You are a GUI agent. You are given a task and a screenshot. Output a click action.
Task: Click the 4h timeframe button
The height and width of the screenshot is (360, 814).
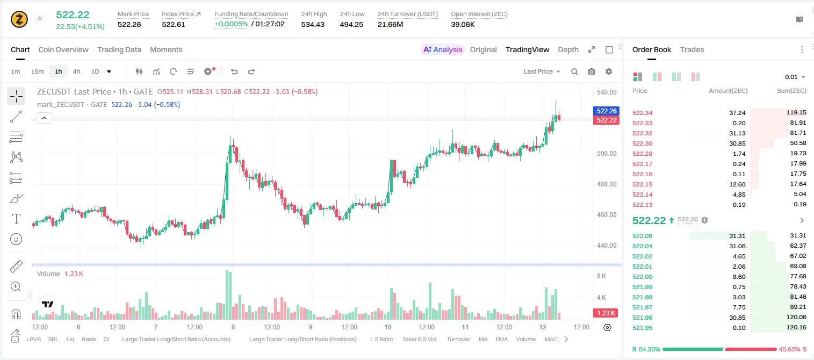(76, 71)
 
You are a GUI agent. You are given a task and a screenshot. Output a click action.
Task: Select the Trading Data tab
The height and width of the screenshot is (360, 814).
(119, 49)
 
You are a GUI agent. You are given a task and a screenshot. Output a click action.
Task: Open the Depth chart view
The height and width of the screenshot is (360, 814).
(568, 49)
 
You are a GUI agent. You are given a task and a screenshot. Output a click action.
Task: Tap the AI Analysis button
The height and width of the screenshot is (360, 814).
(443, 49)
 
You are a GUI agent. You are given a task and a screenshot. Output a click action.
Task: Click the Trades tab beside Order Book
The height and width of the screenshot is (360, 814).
(691, 49)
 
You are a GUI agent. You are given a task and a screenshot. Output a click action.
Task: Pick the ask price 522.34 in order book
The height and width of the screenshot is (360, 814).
(642, 113)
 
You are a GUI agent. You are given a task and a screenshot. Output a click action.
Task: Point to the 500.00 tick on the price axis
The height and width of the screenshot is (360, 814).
(607, 153)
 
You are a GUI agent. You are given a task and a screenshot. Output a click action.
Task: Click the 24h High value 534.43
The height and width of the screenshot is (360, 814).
(313, 24)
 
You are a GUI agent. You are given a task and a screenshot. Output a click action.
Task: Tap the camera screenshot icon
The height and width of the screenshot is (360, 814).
(591, 71)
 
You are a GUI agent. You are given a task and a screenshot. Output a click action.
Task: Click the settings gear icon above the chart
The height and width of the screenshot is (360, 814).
(609, 71)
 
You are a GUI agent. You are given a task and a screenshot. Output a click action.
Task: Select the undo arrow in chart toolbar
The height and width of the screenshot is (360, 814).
(234, 71)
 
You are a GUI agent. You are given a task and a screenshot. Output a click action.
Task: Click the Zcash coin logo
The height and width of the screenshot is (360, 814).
(19, 19)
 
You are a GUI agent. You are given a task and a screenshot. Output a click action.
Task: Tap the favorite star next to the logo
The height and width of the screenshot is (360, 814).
(40, 18)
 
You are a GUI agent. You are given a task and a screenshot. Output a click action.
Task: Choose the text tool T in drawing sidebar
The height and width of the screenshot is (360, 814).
(16, 219)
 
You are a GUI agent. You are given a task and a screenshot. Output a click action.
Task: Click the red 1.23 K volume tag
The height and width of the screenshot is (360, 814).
(606, 313)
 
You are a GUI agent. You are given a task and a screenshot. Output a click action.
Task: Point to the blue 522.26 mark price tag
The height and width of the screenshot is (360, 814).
(606, 111)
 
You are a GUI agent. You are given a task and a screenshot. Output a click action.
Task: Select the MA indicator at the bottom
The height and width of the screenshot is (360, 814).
(483, 339)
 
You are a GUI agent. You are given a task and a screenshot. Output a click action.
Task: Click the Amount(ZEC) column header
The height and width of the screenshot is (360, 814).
(728, 91)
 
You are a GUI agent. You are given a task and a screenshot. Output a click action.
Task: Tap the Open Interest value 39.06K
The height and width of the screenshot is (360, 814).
(463, 24)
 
